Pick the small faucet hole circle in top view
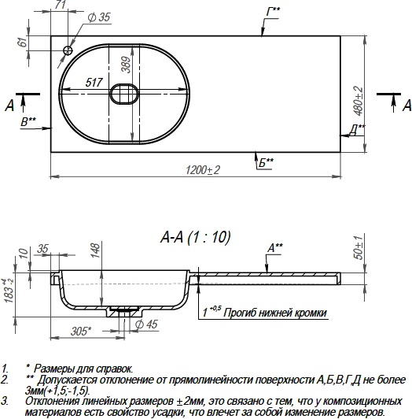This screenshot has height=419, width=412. (x=68, y=51)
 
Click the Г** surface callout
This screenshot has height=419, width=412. (x=272, y=11)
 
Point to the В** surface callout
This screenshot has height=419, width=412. (x=28, y=121)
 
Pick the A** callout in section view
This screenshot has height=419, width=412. (x=275, y=247)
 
